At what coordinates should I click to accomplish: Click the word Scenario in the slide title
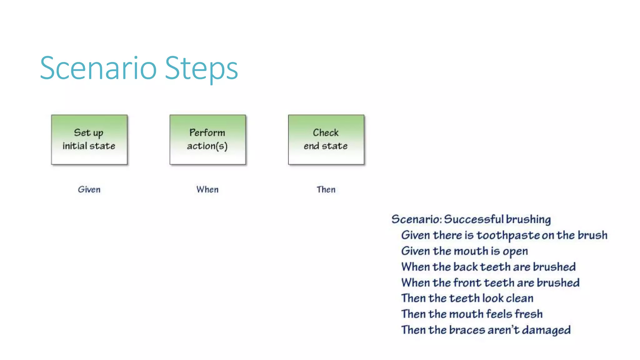point(98,68)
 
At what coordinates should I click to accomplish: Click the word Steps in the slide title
point(201,68)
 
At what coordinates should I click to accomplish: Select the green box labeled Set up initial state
point(89,139)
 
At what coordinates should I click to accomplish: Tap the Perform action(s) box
point(207,139)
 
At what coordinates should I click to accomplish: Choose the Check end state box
point(326,139)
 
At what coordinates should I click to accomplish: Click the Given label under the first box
point(89,189)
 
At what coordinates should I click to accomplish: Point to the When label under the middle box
point(207,189)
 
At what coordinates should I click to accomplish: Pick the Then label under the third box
point(326,189)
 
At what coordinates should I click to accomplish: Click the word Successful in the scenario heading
point(474,219)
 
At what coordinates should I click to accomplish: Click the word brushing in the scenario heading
point(528,219)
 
